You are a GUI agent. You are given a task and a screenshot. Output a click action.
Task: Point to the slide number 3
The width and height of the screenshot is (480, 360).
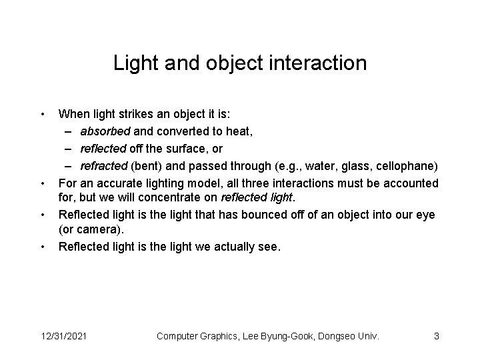tap(436, 336)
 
